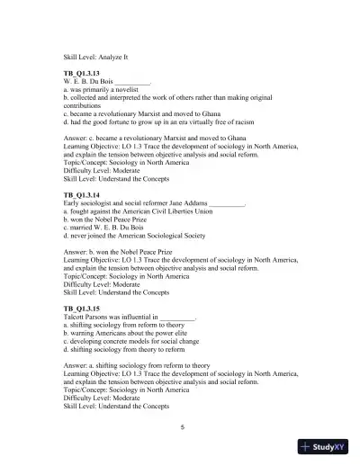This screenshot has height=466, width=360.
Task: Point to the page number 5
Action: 182,426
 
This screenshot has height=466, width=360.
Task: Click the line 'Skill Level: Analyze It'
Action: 102,56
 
